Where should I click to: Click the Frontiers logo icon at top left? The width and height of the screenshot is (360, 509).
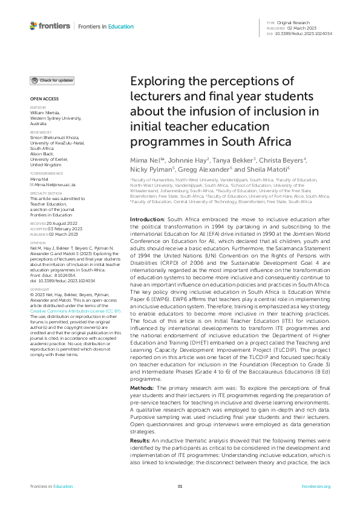pyautogui.click(x=33, y=25)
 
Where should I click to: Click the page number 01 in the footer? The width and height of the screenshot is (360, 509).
pyautogui.click(x=180, y=487)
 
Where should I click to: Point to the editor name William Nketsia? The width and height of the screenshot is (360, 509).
pyautogui.click(x=46, y=112)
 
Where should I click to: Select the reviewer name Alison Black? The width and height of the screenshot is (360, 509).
pyautogui.click(x=42, y=153)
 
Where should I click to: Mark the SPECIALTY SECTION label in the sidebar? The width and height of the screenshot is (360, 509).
pyautogui.click(x=46, y=193)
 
